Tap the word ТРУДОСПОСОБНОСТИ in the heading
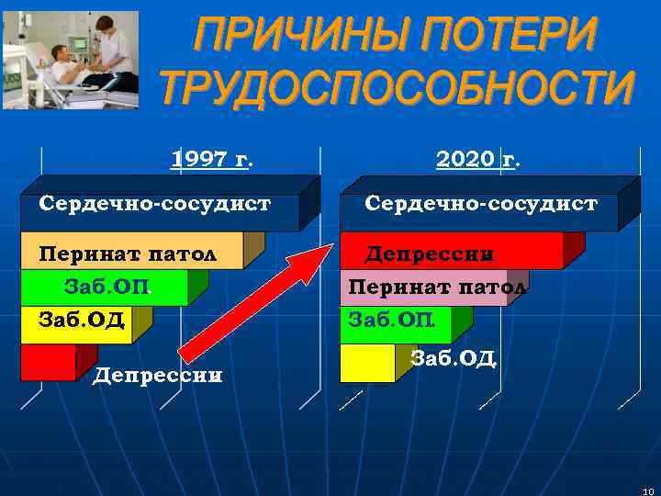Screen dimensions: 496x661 (x=397, y=90)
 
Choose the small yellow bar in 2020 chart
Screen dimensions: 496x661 (x=366, y=364)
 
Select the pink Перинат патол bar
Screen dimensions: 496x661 (x=427, y=288)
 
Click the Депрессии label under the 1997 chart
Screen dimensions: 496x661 (x=158, y=376)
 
